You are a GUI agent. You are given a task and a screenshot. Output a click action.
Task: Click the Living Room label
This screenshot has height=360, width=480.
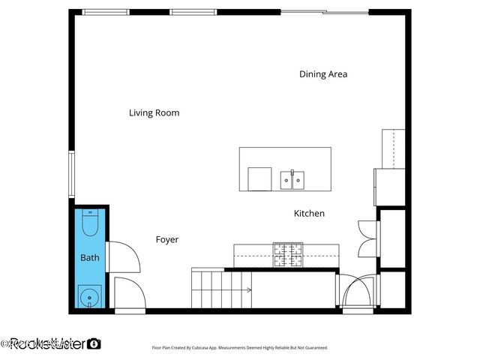pos(154,113)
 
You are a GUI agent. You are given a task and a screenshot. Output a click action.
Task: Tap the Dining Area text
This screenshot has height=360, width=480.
pos(323,74)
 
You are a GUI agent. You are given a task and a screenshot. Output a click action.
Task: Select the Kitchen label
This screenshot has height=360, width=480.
pos(309,214)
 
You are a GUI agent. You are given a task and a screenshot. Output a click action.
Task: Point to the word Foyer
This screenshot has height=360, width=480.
pos(166,240)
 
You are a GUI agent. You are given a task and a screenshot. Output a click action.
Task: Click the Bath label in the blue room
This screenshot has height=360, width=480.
pos(90,258)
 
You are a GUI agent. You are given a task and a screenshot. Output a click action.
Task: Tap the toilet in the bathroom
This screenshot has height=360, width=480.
pos(91,223)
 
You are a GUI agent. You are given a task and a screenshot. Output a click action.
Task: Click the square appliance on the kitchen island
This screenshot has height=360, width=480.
pos(259,179)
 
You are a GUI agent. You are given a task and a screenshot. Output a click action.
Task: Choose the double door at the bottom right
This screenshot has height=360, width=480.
pos(358,292)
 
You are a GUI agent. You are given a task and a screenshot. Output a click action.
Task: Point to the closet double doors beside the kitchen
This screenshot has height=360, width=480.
pos(367,239)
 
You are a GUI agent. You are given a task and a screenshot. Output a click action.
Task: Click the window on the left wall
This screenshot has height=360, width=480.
pos(72,174)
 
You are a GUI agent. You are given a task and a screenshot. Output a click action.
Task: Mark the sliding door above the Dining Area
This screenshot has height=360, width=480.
pos(325,12)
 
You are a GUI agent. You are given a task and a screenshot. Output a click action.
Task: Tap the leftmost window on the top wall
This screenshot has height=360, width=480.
pos(105,12)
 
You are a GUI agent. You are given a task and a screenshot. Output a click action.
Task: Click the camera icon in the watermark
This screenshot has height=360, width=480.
pos(94,343)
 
